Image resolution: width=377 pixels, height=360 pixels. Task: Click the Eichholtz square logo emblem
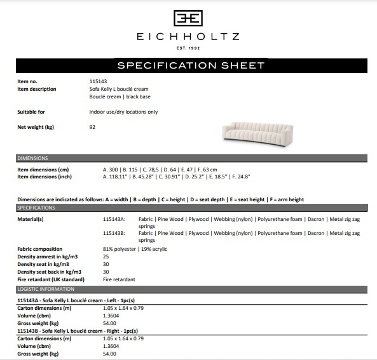pyautogui.click(x=188, y=18)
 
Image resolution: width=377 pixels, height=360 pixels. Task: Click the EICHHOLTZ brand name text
pyautogui.click(x=188, y=37)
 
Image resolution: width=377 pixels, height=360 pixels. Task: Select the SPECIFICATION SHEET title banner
pyautogui.click(x=191, y=65)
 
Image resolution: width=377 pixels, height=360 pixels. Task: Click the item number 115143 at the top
pyautogui.click(x=98, y=81)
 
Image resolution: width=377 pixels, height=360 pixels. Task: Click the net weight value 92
pyautogui.click(x=93, y=127)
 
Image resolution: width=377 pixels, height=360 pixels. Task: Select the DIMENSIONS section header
pyautogui.click(x=33, y=158)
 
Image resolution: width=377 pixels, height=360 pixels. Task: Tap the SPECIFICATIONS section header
pyautogui.click(x=36, y=208)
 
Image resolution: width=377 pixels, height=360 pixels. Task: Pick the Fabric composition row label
pyautogui.click(x=40, y=249)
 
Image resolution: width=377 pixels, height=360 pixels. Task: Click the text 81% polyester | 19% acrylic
pyautogui.click(x=135, y=249)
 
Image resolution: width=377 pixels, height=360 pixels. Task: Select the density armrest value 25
pyautogui.click(x=106, y=257)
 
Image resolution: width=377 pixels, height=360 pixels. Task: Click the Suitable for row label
pyautogui.click(x=31, y=112)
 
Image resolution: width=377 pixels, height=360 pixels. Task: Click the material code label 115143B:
pyautogui.click(x=114, y=234)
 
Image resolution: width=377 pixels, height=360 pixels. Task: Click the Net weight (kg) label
pyautogui.click(x=36, y=127)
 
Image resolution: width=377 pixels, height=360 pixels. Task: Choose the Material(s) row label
pyautogui.click(x=31, y=218)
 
